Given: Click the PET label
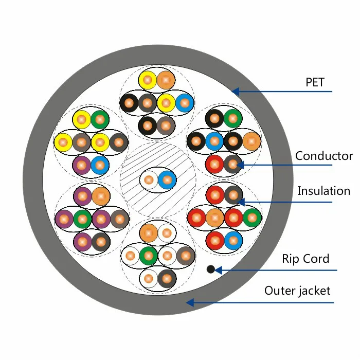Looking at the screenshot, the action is click(315, 82).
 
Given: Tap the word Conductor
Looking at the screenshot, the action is click(324, 156).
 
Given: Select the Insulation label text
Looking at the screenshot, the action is click(323, 191).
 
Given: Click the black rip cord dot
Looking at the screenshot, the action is click(211, 269).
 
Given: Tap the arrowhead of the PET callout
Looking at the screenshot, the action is click(236, 92).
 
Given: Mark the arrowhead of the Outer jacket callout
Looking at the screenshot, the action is click(190, 302).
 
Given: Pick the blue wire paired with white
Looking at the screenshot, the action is click(167, 180).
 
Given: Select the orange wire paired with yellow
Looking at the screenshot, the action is click(166, 80).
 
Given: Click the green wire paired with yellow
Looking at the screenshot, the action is click(100, 119).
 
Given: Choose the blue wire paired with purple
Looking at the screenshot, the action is click(100, 165).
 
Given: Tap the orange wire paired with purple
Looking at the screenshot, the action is click(101, 196).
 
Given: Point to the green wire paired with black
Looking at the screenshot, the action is click(233, 118).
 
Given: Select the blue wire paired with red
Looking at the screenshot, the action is click(233, 241).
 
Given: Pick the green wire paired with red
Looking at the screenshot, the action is click(252, 218).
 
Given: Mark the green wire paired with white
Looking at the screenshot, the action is click(149, 256).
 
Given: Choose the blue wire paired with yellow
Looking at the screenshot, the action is click(185, 103).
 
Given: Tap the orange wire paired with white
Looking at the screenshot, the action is click(149, 233).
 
